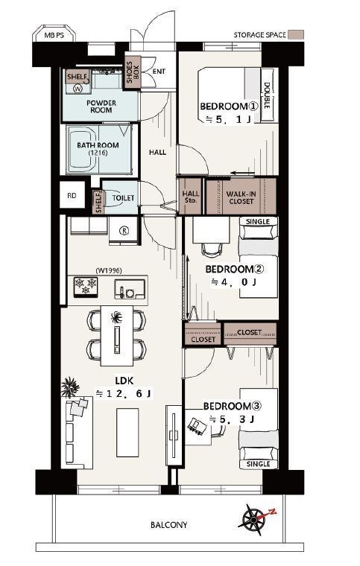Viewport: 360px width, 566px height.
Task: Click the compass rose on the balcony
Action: click(x=255, y=519)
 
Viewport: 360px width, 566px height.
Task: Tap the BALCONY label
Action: click(x=169, y=525)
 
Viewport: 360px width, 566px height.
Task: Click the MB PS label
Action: click(x=54, y=36)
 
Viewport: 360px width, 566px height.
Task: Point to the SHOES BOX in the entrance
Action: click(x=131, y=72)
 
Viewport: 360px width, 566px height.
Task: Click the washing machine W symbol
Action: click(x=78, y=89)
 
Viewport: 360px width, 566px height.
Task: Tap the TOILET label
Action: click(x=123, y=198)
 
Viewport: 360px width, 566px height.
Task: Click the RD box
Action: click(x=72, y=195)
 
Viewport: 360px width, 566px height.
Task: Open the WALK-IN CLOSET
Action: click(x=241, y=196)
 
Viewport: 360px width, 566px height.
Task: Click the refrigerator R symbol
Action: click(x=124, y=231)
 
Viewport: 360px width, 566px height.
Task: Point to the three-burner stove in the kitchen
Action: click(x=86, y=287)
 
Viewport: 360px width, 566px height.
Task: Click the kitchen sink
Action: click(x=130, y=289)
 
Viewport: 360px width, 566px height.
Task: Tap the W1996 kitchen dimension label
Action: click(x=109, y=270)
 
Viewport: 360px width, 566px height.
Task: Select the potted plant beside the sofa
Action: click(x=70, y=387)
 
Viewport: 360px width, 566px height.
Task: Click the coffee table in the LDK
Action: click(x=127, y=433)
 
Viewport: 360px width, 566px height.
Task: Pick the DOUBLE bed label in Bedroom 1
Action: click(x=267, y=95)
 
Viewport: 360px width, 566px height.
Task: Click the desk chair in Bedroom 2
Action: click(x=211, y=249)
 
